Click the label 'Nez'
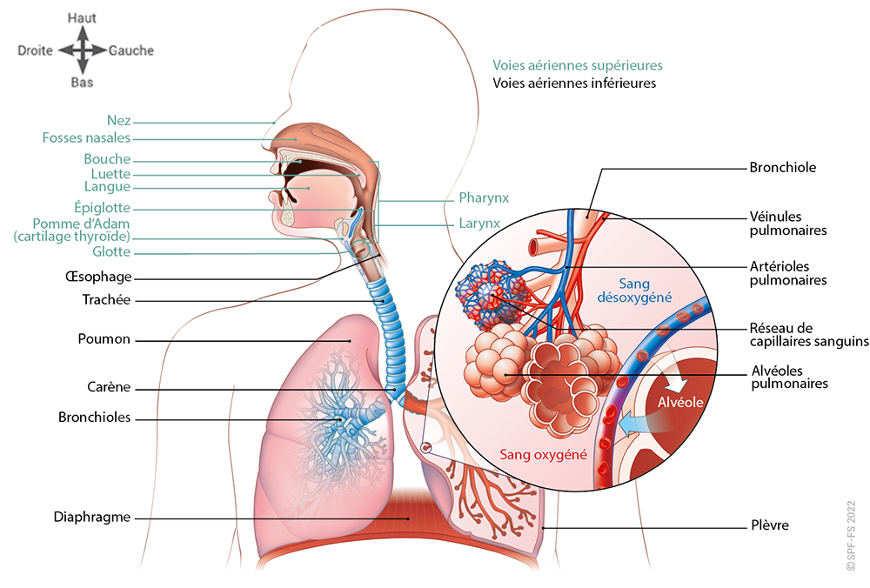[x=118, y=121]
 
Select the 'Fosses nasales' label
[x=86, y=137]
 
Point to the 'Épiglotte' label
[x=102, y=208]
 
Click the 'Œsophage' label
[x=98, y=277]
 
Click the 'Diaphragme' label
[x=91, y=517]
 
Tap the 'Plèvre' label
[x=769, y=525]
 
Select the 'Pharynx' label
[x=484, y=197]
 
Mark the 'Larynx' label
[x=479, y=224]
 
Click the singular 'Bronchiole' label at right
[x=782, y=167]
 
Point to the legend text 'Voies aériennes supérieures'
[x=578, y=65]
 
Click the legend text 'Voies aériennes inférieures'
[x=574, y=84]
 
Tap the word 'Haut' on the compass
[x=82, y=17]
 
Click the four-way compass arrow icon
[x=82, y=50]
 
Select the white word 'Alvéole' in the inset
[x=680, y=403]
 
